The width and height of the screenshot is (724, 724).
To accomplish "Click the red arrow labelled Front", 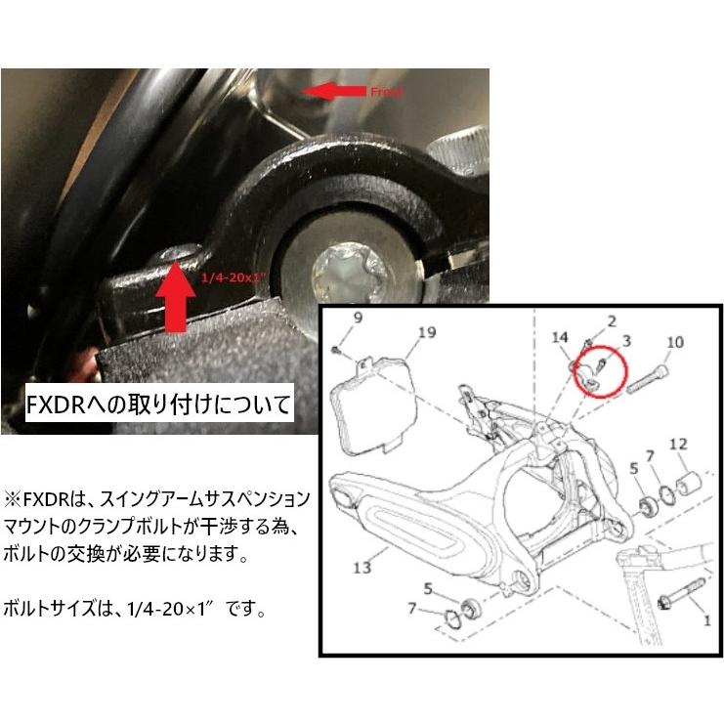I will point(332,90).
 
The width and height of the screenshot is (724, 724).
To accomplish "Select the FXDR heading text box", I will point(159,404).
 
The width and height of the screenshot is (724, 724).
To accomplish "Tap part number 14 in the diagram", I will point(560,338).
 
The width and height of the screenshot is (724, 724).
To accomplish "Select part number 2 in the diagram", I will point(612,320).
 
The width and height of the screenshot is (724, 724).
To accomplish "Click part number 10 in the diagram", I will point(673,343).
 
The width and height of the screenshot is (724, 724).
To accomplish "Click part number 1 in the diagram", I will point(706,619).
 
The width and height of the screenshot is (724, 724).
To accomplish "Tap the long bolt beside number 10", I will point(649,379).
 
